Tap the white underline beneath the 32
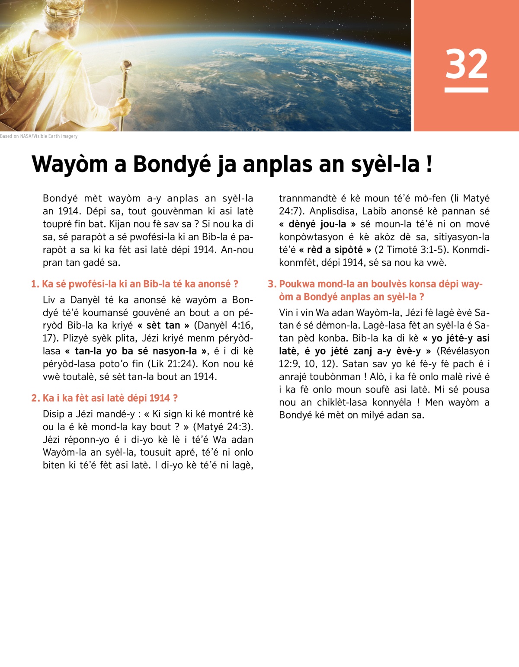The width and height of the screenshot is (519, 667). (466, 90)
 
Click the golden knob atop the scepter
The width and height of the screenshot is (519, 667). (127, 65)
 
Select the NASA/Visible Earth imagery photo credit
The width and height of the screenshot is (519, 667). (39, 136)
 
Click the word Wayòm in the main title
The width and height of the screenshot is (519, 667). (70, 165)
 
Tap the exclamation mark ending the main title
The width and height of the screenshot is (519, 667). (429, 165)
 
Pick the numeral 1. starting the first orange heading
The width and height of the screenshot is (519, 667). (35, 284)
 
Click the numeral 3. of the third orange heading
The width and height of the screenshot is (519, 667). (272, 284)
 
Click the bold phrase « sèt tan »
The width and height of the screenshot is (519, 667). (163, 325)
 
